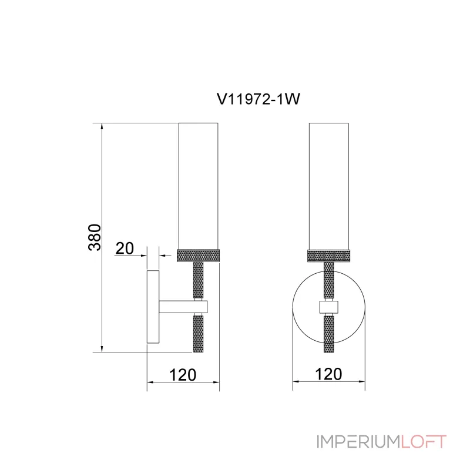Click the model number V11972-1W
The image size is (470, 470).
[x=258, y=99]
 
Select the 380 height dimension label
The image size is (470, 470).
[x=95, y=237]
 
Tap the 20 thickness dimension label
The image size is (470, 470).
[x=125, y=248]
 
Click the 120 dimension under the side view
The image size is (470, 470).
[x=183, y=375]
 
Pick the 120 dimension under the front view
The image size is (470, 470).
[x=328, y=374]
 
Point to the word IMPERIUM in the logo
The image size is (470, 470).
[x=358, y=442]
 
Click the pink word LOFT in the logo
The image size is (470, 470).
[x=424, y=442]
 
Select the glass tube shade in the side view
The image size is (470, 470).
[x=198, y=186]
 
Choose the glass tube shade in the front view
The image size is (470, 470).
[x=329, y=186]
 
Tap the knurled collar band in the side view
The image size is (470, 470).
[x=199, y=256]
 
